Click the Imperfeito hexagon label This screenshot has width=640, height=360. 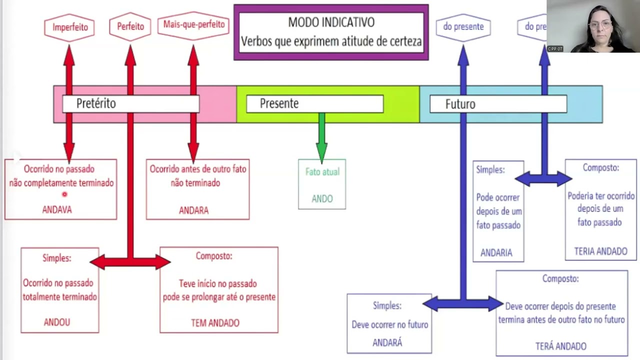tap(69, 27)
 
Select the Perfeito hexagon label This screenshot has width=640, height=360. tap(130, 26)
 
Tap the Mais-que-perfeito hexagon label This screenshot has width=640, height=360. tap(193, 24)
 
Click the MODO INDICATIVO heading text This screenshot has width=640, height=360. tap(331, 22)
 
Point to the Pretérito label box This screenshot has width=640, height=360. tap(130, 103)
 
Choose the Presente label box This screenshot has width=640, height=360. tap(314, 103)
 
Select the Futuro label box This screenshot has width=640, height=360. tap(498, 104)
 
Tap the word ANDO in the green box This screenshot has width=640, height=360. tap(322, 199)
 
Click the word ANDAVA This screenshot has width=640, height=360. tap(57, 209)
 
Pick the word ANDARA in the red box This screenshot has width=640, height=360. tap(193, 210)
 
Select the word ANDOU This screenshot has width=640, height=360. tap(57, 322)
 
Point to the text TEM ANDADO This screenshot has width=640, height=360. tap(215, 322)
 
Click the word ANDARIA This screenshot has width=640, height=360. tap(496, 252)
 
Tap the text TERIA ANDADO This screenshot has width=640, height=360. tap(600, 251)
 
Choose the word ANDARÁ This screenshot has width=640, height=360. tap(387, 342)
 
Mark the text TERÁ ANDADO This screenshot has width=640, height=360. tap(560, 346)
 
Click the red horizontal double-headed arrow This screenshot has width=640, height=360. tap(130, 261)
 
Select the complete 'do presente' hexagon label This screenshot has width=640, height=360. tap(463, 26)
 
